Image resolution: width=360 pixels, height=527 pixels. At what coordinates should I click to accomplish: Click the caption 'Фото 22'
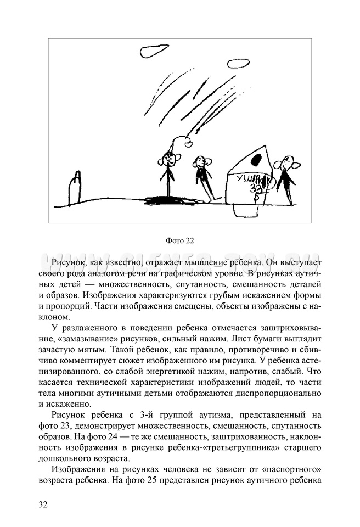[x=180, y=240]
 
